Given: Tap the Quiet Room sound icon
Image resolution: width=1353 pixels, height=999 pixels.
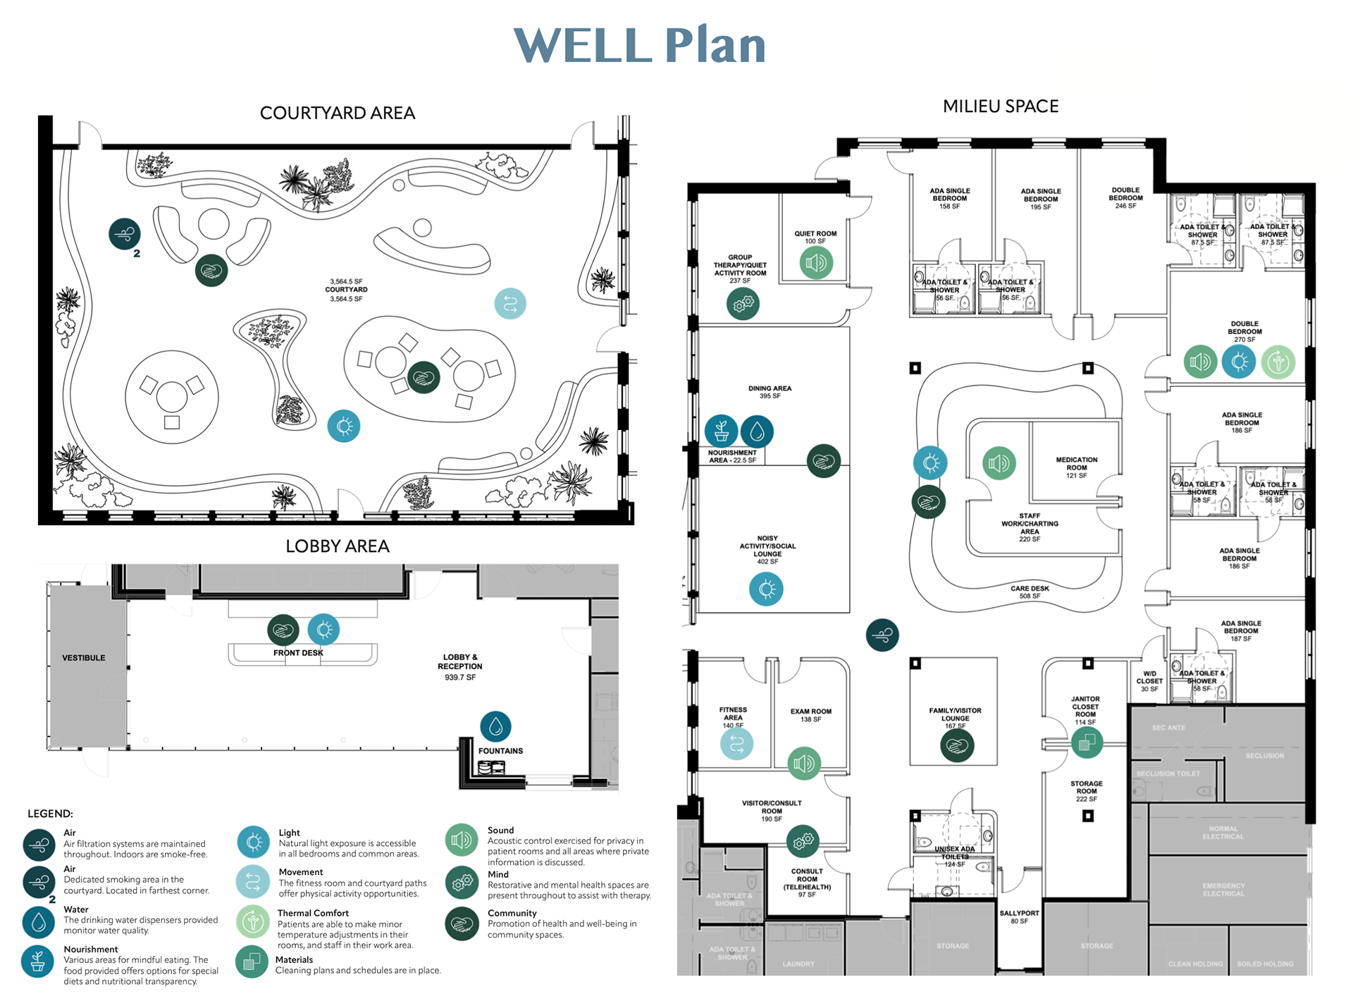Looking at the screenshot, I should [x=816, y=263].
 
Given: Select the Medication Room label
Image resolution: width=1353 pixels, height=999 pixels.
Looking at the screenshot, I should [x=1076, y=467].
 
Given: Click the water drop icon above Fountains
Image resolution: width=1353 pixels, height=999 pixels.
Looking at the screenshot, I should [x=495, y=726].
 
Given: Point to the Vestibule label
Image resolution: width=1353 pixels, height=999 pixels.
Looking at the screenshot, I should [x=83, y=658].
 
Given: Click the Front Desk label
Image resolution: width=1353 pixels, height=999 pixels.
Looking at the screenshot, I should [x=298, y=653].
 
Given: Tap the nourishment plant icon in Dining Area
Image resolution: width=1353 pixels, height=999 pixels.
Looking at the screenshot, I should [x=721, y=430].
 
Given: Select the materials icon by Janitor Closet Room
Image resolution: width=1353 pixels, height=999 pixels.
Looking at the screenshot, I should [x=1087, y=742].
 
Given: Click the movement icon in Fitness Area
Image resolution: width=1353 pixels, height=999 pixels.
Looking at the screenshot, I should [x=736, y=744].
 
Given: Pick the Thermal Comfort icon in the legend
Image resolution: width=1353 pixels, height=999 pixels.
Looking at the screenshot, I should [x=253, y=921].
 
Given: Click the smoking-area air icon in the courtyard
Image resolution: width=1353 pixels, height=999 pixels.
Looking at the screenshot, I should [x=125, y=233].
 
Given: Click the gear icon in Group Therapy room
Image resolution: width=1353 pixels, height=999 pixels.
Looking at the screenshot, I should [x=743, y=304].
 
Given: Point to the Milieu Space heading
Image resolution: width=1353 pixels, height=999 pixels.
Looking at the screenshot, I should [x=1000, y=106].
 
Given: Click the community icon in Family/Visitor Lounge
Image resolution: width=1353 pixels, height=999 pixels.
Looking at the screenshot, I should [x=957, y=745].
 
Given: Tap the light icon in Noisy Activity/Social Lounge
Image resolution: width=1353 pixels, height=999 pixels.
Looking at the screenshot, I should [x=766, y=589].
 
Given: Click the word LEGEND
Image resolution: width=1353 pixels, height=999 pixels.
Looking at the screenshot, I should [x=50, y=814].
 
